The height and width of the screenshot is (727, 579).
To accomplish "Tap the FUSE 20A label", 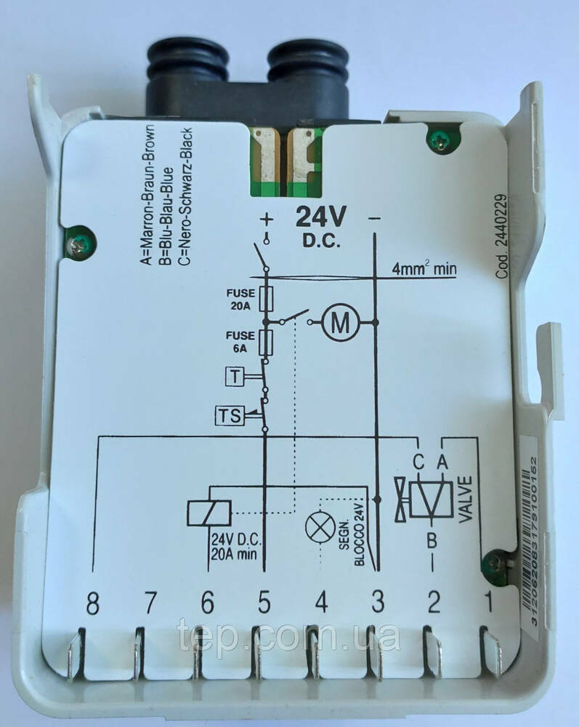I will pyautogui.click(x=238, y=300).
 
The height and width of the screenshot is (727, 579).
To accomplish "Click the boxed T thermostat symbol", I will pyautogui.click(x=235, y=376).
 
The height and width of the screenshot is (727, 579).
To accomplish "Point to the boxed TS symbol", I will pyautogui.click(x=229, y=416).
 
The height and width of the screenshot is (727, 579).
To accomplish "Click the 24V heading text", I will pyautogui.click(x=321, y=217).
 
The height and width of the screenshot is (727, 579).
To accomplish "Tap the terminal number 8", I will pyautogui.click(x=92, y=602).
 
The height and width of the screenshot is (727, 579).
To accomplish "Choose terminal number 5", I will pyautogui.click(x=264, y=602).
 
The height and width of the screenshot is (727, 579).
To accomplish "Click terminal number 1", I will pyautogui.click(x=488, y=602).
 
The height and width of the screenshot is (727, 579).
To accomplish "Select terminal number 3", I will pyautogui.click(x=378, y=602).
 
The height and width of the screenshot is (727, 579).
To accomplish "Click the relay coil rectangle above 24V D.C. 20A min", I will pyautogui.click(x=210, y=514).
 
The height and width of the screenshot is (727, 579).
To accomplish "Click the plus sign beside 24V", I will pyautogui.click(x=267, y=218).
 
